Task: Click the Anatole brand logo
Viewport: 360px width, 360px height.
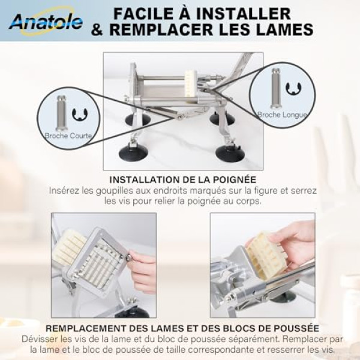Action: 46,22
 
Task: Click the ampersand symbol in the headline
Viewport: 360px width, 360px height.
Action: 97,29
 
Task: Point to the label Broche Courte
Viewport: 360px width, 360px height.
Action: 68,136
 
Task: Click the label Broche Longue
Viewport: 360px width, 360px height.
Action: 282,115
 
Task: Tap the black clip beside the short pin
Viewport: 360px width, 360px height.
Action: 80,115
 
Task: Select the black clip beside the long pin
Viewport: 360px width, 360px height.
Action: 293,89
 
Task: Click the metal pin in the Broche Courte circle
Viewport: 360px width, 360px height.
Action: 61,113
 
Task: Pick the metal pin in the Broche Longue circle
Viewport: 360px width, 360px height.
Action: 276,89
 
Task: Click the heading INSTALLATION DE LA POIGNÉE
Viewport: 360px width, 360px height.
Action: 183,179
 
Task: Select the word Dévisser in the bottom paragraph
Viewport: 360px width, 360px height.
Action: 40,339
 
